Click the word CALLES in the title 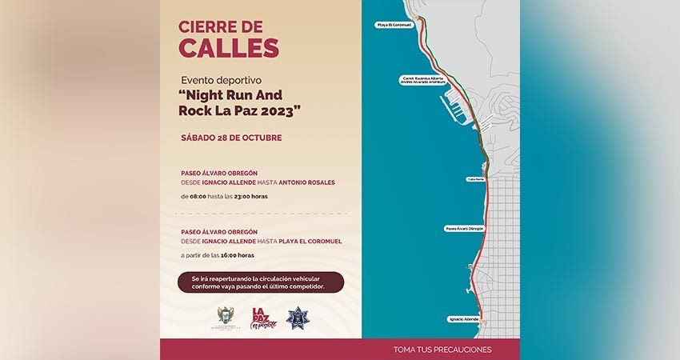tap(229, 47)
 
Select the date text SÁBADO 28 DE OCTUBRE tap(231, 138)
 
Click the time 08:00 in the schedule tap(198, 195)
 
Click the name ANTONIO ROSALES tap(307, 182)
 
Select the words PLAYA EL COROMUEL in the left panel tap(306, 242)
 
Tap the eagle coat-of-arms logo tap(225, 317)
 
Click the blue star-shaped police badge tap(298, 317)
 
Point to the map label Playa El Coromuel tap(394, 25)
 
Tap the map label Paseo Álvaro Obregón tap(464, 228)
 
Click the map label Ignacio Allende tap(463, 319)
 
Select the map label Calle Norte tap(475, 179)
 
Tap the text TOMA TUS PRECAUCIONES tap(442, 350)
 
